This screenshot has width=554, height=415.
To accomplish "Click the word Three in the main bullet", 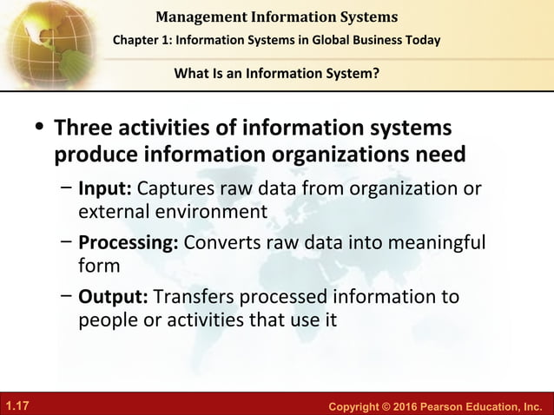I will [85, 128].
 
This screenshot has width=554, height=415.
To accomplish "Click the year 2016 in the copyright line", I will [398, 405].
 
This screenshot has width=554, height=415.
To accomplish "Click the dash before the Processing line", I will [67, 242].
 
